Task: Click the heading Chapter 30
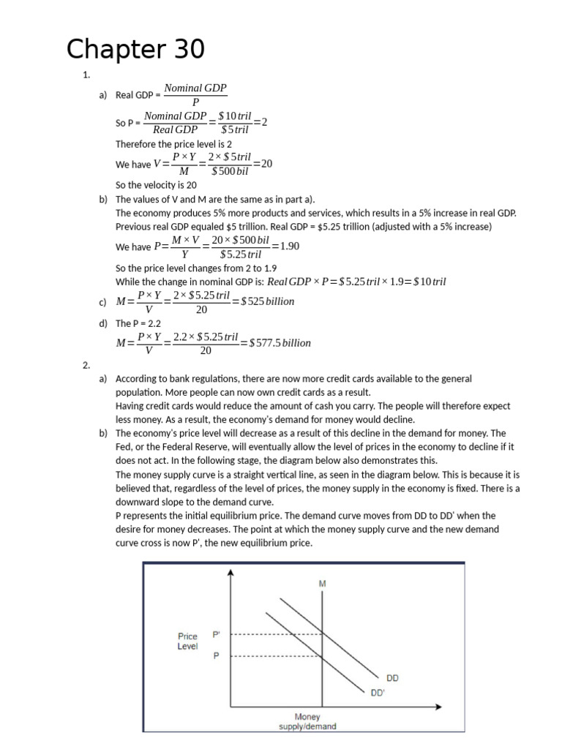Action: pyautogui.click(x=135, y=50)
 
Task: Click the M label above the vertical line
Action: pyautogui.click(x=322, y=584)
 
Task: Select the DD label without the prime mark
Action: pyautogui.click(x=392, y=677)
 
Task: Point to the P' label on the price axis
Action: pyautogui.click(x=216, y=634)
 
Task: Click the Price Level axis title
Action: pyautogui.click(x=187, y=641)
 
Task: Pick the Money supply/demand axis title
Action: pyautogui.click(x=307, y=721)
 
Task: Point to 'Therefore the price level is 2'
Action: pyautogui.click(x=173, y=144)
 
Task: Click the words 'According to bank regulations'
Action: pyautogui.click(x=173, y=378)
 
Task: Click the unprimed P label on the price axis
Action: pyautogui.click(x=216, y=656)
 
